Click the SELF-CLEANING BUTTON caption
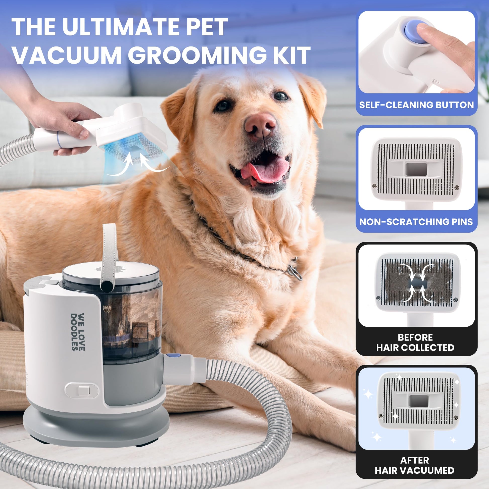pos(416,105)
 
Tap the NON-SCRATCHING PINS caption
pos(416,222)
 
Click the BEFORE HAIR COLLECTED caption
pos(415,343)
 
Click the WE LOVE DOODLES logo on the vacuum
pos(77,332)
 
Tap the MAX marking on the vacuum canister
pos(107,307)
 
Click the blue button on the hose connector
pos(177,355)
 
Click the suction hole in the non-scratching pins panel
pos(416,169)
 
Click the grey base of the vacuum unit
pos(96,428)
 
